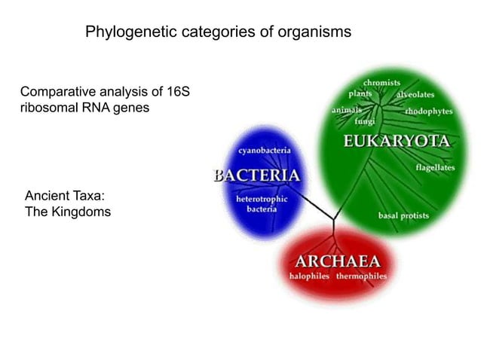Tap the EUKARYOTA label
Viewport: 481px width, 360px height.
pos(397,142)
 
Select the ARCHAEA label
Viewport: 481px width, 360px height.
pos(337,261)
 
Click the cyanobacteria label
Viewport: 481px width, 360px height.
pos(265,151)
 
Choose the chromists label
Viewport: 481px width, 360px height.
pos(381,82)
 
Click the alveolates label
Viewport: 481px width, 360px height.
pos(415,96)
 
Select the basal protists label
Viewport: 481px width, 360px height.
pos(403,215)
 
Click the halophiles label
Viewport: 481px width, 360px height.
pos(311,276)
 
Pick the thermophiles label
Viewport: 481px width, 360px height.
pos(361,276)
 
